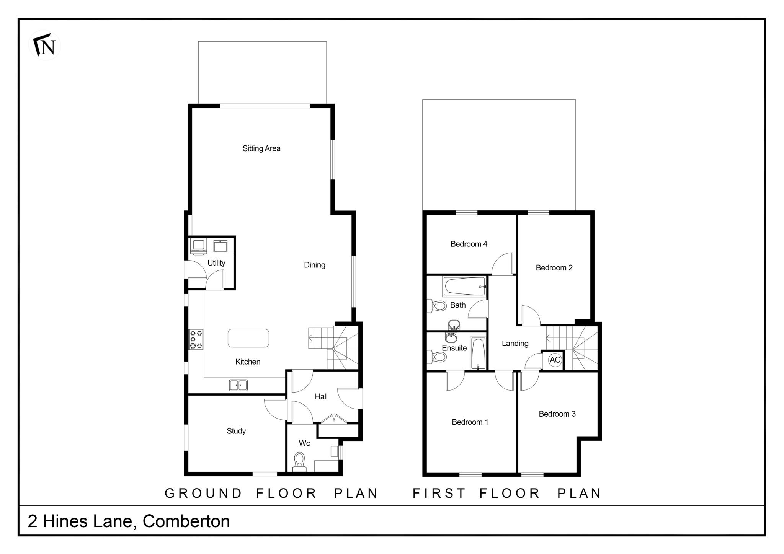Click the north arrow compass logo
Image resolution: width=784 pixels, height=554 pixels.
[x=45, y=46]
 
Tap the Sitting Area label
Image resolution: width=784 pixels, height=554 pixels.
[x=261, y=148]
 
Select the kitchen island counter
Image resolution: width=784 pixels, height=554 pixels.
[x=248, y=338]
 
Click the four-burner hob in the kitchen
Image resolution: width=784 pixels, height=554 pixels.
[x=196, y=339]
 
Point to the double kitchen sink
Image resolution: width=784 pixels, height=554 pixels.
[x=238, y=385]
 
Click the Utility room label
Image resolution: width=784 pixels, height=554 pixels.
[x=216, y=263]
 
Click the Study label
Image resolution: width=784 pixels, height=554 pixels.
[x=236, y=431]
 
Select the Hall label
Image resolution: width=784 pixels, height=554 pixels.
[x=321, y=397]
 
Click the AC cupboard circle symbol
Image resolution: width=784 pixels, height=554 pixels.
[x=555, y=360]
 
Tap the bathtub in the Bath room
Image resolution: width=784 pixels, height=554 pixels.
[x=464, y=287]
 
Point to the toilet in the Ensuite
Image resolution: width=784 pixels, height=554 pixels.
[x=438, y=357]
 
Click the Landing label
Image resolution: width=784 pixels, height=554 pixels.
[x=515, y=344]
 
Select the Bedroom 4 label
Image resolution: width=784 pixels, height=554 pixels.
[x=469, y=244]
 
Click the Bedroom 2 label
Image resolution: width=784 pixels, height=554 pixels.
[x=554, y=268]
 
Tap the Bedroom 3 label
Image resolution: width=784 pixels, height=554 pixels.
[x=557, y=414]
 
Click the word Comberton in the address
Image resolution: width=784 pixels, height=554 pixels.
[x=186, y=521]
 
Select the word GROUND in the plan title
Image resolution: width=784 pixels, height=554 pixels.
[x=203, y=494]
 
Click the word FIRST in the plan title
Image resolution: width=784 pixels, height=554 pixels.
[x=439, y=494]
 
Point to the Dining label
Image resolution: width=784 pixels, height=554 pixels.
[x=315, y=265]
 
